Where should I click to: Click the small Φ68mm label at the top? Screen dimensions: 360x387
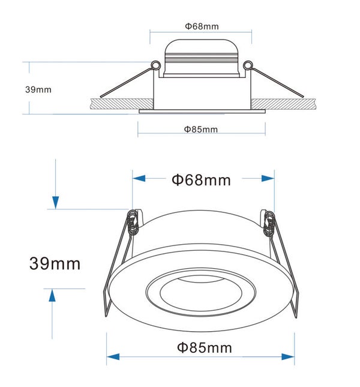click(202, 26)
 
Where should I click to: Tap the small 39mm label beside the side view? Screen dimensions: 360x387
click(38, 89)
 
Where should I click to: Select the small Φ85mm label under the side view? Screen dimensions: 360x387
click(201, 130)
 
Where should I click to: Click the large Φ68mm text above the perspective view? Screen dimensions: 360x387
click(201, 180)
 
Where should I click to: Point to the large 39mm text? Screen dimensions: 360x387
click(55, 263)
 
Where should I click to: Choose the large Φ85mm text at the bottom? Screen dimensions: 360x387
click(205, 348)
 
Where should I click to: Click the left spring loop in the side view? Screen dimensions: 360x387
click(155, 65)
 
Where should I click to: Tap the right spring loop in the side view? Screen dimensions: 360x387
click(248, 65)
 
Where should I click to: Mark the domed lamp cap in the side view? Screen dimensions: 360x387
click(202, 58)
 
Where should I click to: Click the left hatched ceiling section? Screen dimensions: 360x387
click(122, 104)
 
